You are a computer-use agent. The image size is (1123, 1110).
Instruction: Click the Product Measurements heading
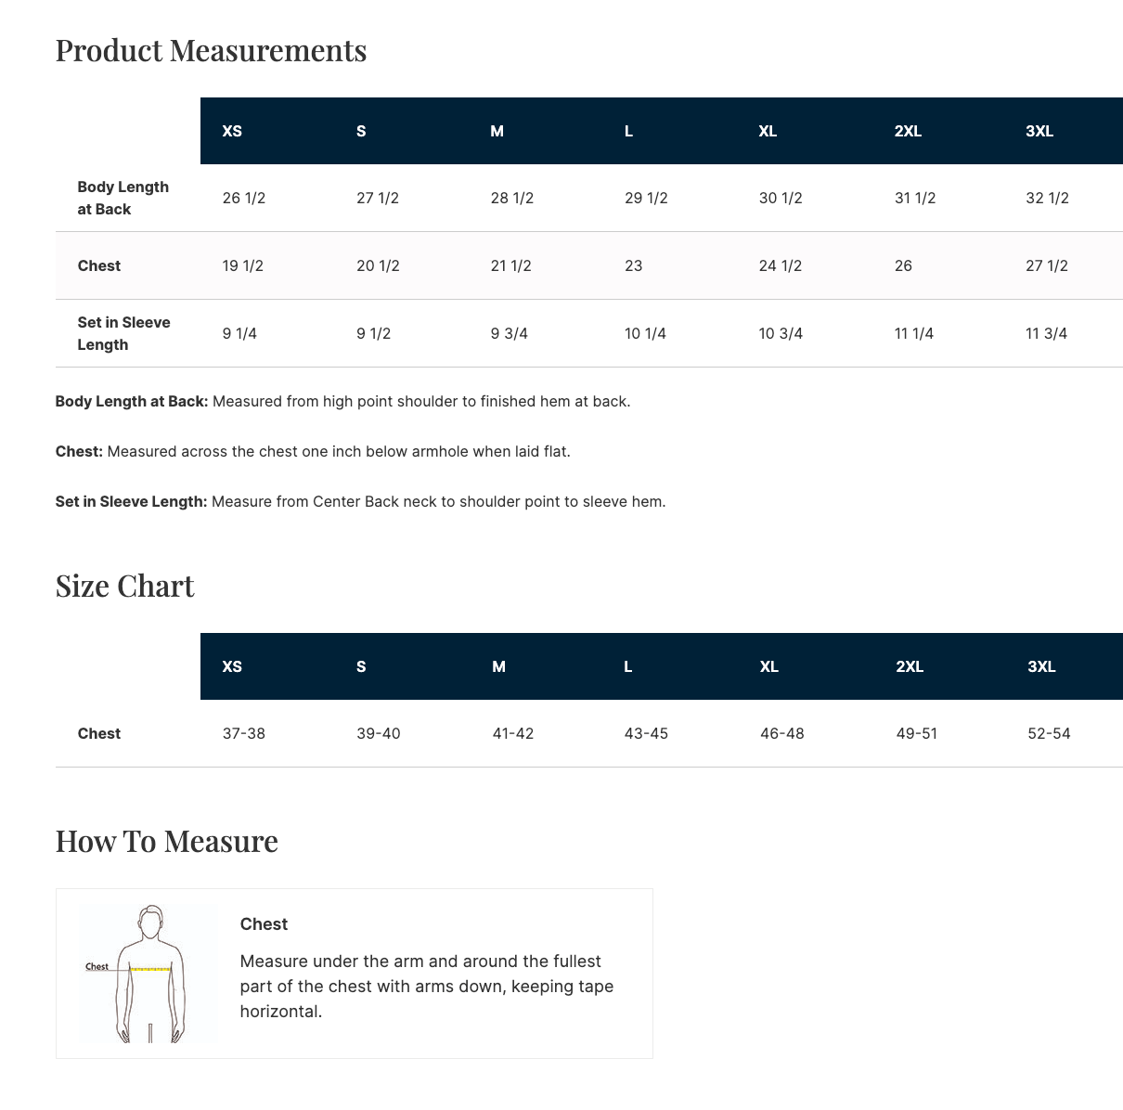tap(211, 50)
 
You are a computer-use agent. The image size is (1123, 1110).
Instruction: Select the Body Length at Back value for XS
tap(244, 198)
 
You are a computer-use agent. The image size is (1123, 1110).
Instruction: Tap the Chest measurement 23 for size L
tap(634, 265)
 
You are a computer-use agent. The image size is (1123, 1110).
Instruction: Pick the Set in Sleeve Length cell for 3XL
tap(1046, 333)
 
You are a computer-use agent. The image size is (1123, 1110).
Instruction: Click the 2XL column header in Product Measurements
tap(908, 131)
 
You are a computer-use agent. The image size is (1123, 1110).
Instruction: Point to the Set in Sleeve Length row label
tap(123, 333)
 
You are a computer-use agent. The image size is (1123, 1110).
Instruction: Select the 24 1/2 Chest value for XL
tap(781, 265)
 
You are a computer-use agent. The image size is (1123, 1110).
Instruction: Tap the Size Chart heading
tap(124, 586)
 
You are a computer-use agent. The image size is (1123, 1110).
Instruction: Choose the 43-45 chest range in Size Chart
tap(646, 733)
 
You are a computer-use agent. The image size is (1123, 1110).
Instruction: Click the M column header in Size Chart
tap(498, 666)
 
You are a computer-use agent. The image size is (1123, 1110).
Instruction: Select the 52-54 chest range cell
tap(1049, 733)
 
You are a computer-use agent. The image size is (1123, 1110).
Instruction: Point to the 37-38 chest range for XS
tap(244, 733)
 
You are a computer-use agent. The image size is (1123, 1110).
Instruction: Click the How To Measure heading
tap(166, 841)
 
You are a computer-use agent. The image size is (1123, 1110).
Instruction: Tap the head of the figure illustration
tap(150, 923)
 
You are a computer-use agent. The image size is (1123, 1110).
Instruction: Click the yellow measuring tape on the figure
tap(151, 969)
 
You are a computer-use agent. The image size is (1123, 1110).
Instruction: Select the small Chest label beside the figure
tap(97, 966)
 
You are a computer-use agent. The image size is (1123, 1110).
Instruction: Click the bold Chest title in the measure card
tap(264, 924)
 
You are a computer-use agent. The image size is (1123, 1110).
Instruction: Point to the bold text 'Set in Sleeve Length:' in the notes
tap(131, 502)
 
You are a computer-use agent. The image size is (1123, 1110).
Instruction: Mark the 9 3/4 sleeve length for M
tap(510, 333)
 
